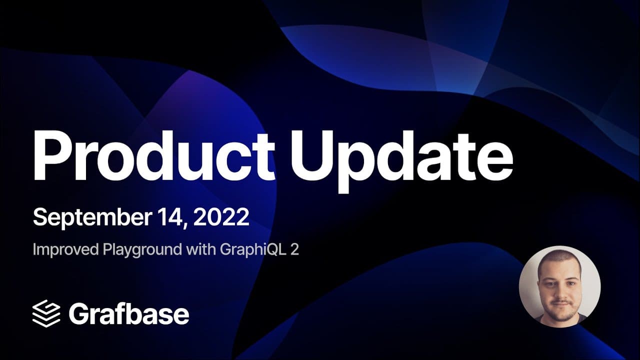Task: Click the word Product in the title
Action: [153, 155]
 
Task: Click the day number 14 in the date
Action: [171, 217]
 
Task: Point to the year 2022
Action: [221, 217]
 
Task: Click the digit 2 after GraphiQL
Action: [294, 249]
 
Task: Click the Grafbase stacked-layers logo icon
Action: [46, 313]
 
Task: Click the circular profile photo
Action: [559, 286]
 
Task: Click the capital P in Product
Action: [52, 155]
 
